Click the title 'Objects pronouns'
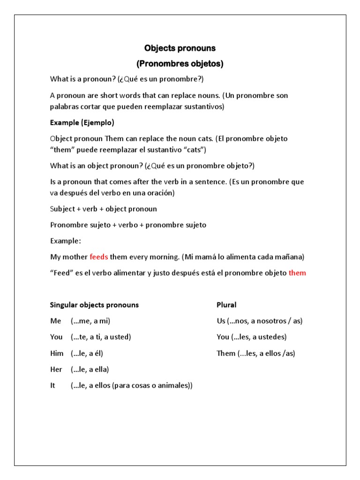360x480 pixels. click(180, 48)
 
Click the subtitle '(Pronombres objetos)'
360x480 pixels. click(180, 64)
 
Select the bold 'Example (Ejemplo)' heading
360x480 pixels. click(82, 123)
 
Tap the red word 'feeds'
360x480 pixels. click(99, 257)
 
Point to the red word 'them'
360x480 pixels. click(297, 273)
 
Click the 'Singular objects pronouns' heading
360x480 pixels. click(94, 305)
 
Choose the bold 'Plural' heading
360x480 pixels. click(226, 305)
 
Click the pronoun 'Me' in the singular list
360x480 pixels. click(56, 321)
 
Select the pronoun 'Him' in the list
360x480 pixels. click(57, 353)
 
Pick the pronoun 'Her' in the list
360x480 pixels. click(56, 369)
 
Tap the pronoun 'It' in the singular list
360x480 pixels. click(53, 385)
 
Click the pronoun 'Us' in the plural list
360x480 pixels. click(221, 321)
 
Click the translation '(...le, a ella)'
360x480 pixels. click(90, 369)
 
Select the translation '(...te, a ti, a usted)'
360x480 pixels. click(101, 337)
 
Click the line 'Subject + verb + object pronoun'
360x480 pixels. click(104, 209)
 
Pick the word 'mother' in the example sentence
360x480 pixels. click(75, 257)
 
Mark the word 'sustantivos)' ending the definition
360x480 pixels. click(204, 107)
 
